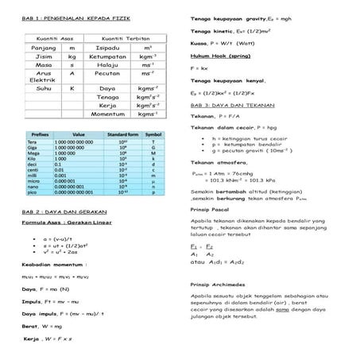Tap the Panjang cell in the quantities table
click(x=41, y=48)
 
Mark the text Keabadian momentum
click(x=55, y=264)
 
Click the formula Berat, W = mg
click(x=43, y=326)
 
